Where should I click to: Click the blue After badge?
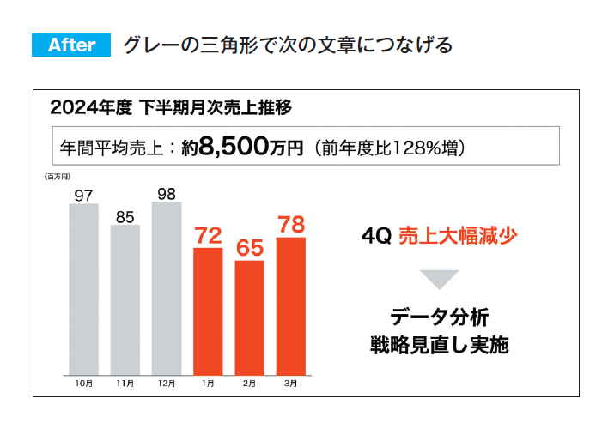click(71, 45)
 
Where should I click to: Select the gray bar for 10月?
click(83, 289)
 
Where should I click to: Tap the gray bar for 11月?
click(125, 299)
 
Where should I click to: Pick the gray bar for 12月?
click(167, 288)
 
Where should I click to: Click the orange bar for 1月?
click(208, 311)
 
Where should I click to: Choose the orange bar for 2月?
click(249, 317)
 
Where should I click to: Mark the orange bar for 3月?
click(290, 306)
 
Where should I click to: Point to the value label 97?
click(83, 196)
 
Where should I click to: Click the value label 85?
click(125, 217)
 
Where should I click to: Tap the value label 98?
click(167, 194)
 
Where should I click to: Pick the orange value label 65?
click(249, 249)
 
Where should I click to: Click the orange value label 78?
click(290, 226)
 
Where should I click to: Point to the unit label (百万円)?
click(57, 177)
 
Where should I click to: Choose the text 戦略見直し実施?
click(439, 347)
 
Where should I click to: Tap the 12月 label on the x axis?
click(166, 384)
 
